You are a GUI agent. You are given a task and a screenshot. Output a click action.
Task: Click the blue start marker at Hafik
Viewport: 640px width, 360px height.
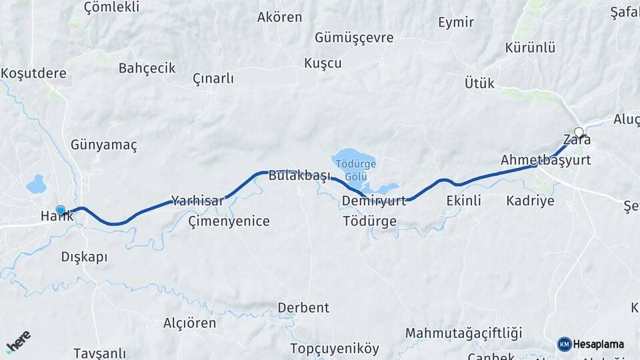pyautogui.click(x=61, y=211)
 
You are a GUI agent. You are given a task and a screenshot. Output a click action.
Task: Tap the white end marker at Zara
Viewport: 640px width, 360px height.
pyautogui.click(x=579, y=132)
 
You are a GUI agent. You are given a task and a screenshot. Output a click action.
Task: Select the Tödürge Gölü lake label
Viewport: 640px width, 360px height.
pyautogui.click(x=356, y=169)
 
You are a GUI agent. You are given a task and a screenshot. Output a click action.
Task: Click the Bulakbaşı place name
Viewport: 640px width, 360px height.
pyautogui.click(x=299, y=177)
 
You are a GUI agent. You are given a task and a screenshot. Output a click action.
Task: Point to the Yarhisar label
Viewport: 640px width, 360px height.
pyautogui.click(x=197, y=200)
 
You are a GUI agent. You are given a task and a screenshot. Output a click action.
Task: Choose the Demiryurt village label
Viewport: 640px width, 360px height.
pyautogui.click(x=373, y=201)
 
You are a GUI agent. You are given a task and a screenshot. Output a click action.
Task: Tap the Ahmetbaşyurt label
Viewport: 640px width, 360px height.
pyautogui.click(x=545, y=160)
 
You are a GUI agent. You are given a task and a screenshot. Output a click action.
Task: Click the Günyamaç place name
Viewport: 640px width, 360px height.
pyautogui.click(x=103, y=145)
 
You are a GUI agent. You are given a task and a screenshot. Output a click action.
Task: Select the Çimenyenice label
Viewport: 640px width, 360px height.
pyautogui.click(x=229, y=221)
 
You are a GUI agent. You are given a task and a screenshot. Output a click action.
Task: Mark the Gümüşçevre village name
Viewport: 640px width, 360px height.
pyautogui.click(x=354, y=38)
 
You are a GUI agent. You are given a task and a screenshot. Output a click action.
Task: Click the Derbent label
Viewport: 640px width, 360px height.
pyautogui.click(x=303, y=308)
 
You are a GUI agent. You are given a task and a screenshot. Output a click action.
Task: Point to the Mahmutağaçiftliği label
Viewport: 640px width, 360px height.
pyautogui.click(x=463, y=333)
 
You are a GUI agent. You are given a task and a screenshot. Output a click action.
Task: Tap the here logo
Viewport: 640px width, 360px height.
pyautogui.click(x=18, y=341)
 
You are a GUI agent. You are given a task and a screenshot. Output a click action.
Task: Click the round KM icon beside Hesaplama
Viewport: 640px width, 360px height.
pyautogui.click(x=564, y=344)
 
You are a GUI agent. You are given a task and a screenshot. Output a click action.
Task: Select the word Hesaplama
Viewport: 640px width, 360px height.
pyautogui.click(x=599, y=345)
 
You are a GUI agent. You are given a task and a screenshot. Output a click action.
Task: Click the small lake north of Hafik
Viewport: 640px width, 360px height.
pyautogui.click(x=36, y=184)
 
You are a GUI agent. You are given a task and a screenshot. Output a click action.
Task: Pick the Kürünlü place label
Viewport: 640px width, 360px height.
pyautogui.click(x=530, y=48)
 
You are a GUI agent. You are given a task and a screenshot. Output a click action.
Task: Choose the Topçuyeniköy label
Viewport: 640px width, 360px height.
pyautogui.click(x=334, y=349)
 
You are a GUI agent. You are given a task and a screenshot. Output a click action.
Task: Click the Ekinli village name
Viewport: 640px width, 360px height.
pyautogui.click(x=463, y=201)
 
